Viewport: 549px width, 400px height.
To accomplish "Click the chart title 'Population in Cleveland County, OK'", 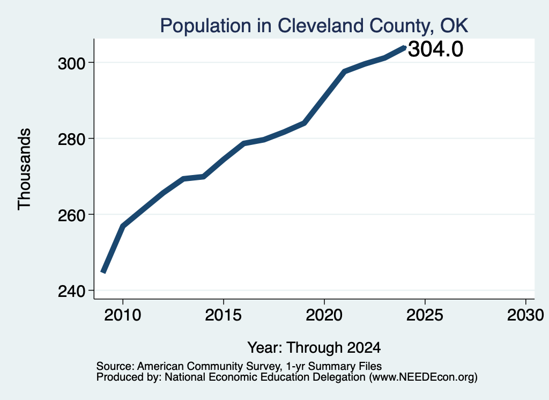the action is coord(314,26).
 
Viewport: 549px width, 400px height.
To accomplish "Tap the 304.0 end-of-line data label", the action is coord(435,49).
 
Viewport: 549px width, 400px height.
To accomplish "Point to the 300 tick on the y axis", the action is coord(71,63).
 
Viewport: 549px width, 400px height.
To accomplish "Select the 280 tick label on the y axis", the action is coord(71,139).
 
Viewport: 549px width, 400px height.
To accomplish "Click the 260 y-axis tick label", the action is coord(71,215).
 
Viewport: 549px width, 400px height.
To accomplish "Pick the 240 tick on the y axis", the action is coord(71,291).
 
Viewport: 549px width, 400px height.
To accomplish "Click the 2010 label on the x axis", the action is coord(123,315).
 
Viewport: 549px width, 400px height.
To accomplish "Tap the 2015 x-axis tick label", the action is coord(224,315).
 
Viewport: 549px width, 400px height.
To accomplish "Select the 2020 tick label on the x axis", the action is coord(324,315).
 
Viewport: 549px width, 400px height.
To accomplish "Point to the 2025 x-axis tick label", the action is coord(425,315).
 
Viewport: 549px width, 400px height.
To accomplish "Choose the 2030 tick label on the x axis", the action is coord(525,315).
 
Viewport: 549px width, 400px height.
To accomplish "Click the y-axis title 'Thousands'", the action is coord(24,169).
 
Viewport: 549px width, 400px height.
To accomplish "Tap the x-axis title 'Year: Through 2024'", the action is coord(314,347).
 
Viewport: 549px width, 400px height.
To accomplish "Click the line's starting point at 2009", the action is coord(103,272).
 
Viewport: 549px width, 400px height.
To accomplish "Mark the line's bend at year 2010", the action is coord(123,226).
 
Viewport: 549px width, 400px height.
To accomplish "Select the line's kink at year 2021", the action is coord(344,71).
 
